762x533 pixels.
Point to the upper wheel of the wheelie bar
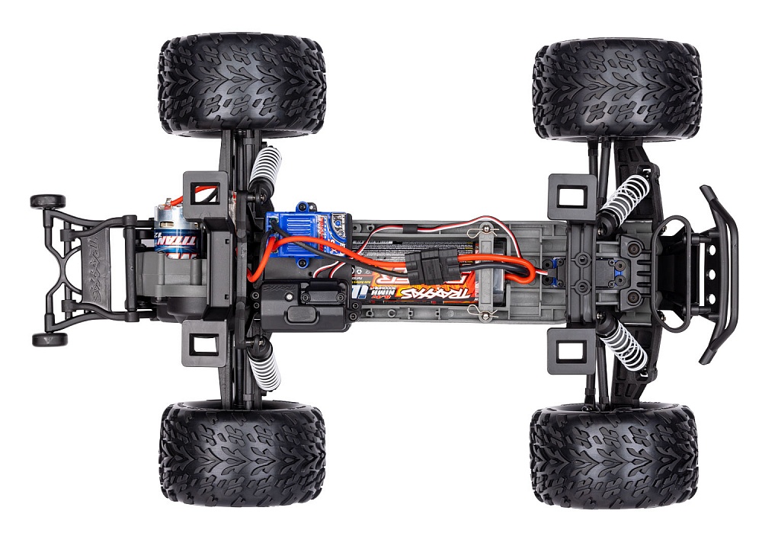coord(47,201)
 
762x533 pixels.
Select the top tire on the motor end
coord(242,85)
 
